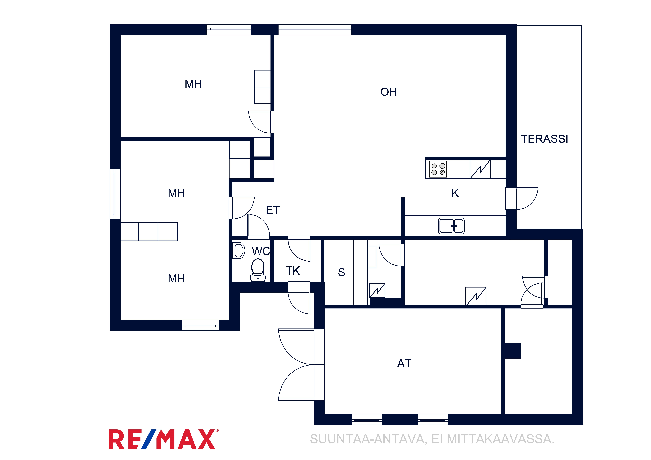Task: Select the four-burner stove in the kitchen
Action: (438, 169)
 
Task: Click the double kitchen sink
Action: (451, 226)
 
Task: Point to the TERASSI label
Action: (544, 139)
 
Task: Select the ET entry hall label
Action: (273, 210)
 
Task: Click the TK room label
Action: (293, 271)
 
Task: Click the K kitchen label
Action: (455, 193)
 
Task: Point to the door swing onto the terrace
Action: (527, 198)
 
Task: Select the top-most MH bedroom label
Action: (193, 84)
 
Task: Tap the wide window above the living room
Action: (315, 29)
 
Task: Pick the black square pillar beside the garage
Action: (513, 351)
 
